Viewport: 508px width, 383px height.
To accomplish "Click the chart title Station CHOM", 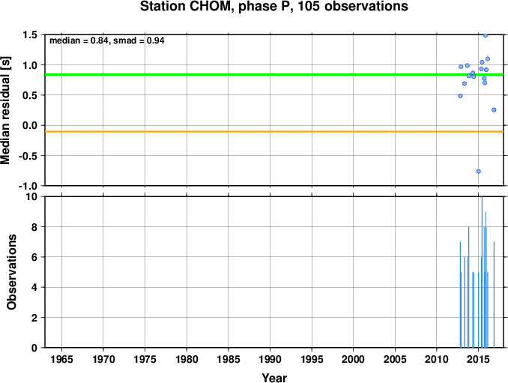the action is coord(274,7).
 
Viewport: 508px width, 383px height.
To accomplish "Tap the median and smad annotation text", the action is coord(107,40).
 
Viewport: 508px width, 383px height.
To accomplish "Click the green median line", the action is coord(274,74).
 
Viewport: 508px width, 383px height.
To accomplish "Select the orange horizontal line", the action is coord(274,132).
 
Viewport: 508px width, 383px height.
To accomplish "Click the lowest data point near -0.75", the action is coord(479,172).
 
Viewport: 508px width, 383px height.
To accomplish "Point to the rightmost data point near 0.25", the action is coord(494,110).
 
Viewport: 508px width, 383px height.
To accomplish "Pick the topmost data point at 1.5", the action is coord(486,35).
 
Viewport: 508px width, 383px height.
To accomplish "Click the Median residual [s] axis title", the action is coord(5,110).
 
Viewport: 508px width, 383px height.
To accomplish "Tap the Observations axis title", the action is coord(11,272).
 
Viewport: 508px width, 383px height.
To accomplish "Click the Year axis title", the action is coord(274,378).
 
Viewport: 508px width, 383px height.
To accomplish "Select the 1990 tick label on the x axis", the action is coord(270,359).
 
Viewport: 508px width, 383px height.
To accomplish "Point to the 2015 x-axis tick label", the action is coord(479,359).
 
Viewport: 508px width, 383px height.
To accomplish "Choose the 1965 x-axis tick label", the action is coord(61,359).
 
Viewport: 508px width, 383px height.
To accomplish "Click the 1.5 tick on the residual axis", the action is coord(30,34).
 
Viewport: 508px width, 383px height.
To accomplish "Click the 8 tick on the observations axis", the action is coord(34,227).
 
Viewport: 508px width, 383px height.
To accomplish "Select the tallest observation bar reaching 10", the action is coord(482,272).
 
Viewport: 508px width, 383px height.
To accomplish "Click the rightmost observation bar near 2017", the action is coord(494,295).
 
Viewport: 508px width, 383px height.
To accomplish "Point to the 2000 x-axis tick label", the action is coord(353,359).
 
